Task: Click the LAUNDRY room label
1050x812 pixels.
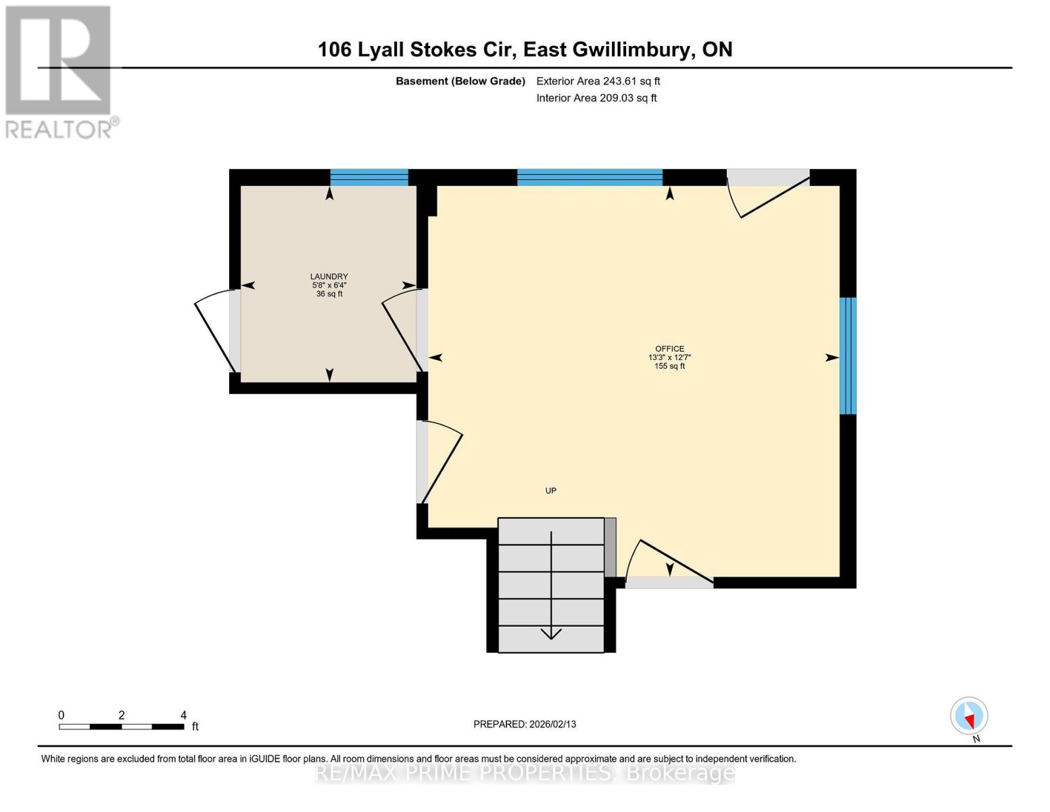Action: pos(329,276)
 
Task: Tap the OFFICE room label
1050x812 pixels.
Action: pos(669,348)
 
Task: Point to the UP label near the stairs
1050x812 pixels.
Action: pos(551,491)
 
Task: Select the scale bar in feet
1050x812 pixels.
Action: pos(122,726)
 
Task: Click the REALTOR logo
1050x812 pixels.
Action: pos(59,72)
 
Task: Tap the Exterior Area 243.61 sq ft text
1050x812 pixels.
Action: pos(598,81)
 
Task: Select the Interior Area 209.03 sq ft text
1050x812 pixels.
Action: pos(596,98)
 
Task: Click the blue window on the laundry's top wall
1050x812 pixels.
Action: pos(369,177)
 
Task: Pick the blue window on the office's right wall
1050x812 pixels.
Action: pos(848,356)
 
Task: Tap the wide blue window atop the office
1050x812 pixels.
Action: pos(590,177)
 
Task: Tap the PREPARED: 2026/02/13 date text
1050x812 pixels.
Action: pos(525,724)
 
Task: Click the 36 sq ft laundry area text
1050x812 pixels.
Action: pos(329,294)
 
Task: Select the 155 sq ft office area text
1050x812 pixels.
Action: pos(669,366)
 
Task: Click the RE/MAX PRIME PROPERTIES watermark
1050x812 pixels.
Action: pos(525,773)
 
